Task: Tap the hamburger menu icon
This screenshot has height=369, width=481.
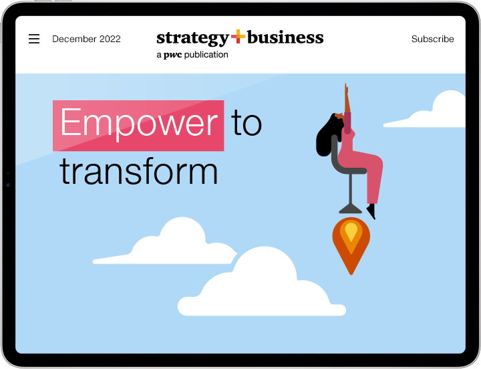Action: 34,39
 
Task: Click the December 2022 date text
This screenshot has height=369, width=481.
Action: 86,39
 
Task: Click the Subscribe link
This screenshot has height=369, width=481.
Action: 432,39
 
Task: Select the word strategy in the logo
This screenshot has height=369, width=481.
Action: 192,38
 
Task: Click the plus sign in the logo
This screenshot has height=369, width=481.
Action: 238,37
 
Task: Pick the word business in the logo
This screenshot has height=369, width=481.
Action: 285,37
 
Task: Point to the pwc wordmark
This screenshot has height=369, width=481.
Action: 173,55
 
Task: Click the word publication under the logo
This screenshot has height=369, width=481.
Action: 206,55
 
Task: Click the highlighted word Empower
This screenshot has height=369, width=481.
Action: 139,123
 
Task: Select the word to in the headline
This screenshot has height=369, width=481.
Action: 247,123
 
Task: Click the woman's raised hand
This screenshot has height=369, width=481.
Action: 347,89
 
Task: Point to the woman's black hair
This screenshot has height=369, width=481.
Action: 327,135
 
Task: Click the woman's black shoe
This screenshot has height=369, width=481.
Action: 371,211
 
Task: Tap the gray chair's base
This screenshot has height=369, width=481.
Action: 350,209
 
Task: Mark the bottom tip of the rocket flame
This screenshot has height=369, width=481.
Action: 351,275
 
